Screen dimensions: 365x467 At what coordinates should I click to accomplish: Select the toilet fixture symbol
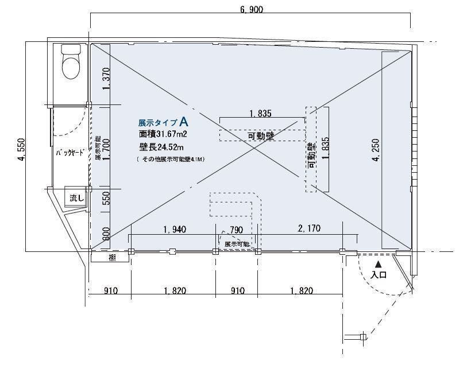[x=71, y=63]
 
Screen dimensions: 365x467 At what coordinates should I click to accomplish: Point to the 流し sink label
[x=76, y=197]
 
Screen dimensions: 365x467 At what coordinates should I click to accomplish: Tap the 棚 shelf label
[x=112, y=258]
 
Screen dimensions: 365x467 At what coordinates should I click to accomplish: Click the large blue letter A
[x=184, y=121]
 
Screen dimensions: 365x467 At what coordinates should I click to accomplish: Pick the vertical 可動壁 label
[x=311, y=155]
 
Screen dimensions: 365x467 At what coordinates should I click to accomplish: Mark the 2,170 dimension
[x=308, y=228]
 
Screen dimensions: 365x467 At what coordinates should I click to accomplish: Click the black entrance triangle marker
[x=379, y=265]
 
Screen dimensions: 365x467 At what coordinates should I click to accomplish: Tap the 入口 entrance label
[x=379, y=275]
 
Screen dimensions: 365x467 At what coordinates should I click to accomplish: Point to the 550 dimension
[x=105, y=199]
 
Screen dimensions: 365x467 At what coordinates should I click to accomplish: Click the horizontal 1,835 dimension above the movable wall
[x=260, y=114]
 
